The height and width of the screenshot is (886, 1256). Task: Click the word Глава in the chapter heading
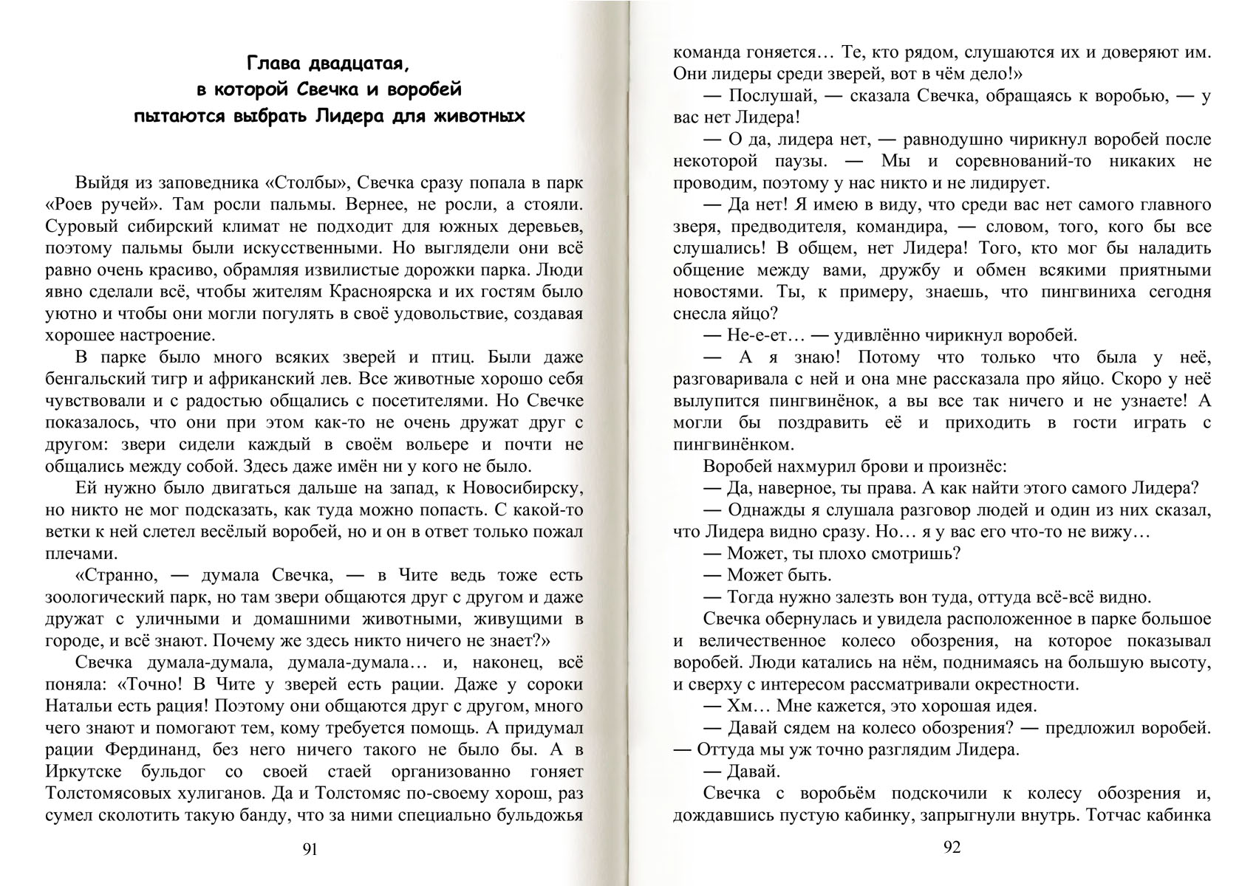(272, 64)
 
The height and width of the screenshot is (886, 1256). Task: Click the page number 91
(310, 850)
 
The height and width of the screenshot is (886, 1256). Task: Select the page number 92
(952, 848)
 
